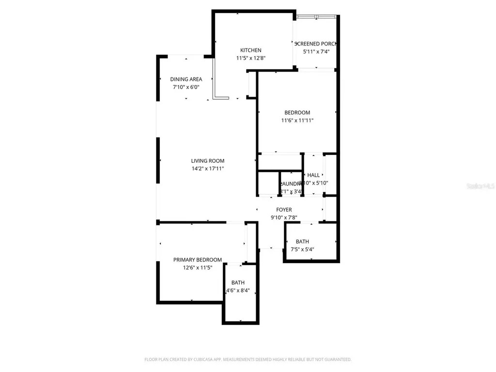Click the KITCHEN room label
[251, 50]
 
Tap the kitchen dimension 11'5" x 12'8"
[251, 58]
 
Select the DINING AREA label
[186, 79]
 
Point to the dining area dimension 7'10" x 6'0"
[186, 87]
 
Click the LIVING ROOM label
[208, 161]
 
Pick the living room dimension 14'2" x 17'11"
[208, 169]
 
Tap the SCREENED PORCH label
[316, 44]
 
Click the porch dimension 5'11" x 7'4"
[316, 51]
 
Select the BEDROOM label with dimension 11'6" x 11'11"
[297, 113]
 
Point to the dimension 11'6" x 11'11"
[297, 121]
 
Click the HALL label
[313, 175]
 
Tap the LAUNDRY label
[291, 184]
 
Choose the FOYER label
[284, 210]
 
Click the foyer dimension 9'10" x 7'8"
[284, 217]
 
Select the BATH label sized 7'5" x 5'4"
[302, 241]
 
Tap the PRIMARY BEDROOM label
[198, 260]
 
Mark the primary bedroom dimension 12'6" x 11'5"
[198, 267]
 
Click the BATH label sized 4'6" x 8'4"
[238, 283]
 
